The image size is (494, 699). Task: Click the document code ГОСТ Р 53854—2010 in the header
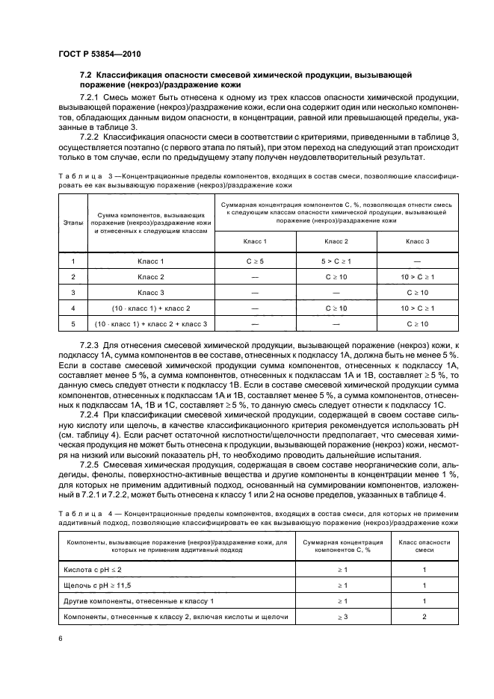pyautogui.click(x=99, y=55)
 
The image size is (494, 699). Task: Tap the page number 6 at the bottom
pyautogui.click(x=61, y=639)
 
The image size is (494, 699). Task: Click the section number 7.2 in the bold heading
pyautogui.click(x=85, y=76)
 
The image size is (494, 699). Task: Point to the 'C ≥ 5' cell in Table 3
pyautogui.click(x=255, y=261)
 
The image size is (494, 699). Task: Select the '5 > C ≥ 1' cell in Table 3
pyautogui.click(x=336, y=261)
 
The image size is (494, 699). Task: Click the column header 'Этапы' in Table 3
pyautogui.click(x=72, y=222)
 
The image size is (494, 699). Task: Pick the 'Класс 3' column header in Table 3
pyautogui.click(x=417, y=242)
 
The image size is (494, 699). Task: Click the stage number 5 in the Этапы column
pyautogui.click(x=72, y=323)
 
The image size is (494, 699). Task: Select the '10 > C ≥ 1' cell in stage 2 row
pyautogui.click(x=417, y=277)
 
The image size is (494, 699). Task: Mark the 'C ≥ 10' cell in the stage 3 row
pyautogui.click(x=417, y=292)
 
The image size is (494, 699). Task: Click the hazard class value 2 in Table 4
pyautogui.click(x=424, y=616)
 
